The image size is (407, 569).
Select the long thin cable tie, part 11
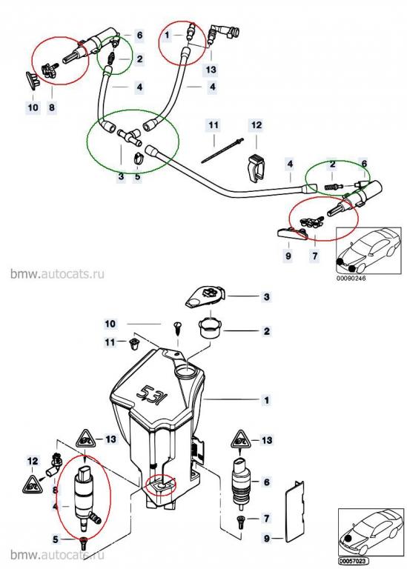pos(221,150)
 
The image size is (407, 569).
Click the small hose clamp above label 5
pos(139,159)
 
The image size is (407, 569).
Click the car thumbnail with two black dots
pos(369,250)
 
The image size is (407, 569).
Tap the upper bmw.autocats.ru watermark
pos(57,273)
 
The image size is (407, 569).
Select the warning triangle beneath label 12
pos(33,483)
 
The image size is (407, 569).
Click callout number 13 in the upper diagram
pos(211,69)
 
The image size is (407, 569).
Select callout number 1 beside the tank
pos(267,400)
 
